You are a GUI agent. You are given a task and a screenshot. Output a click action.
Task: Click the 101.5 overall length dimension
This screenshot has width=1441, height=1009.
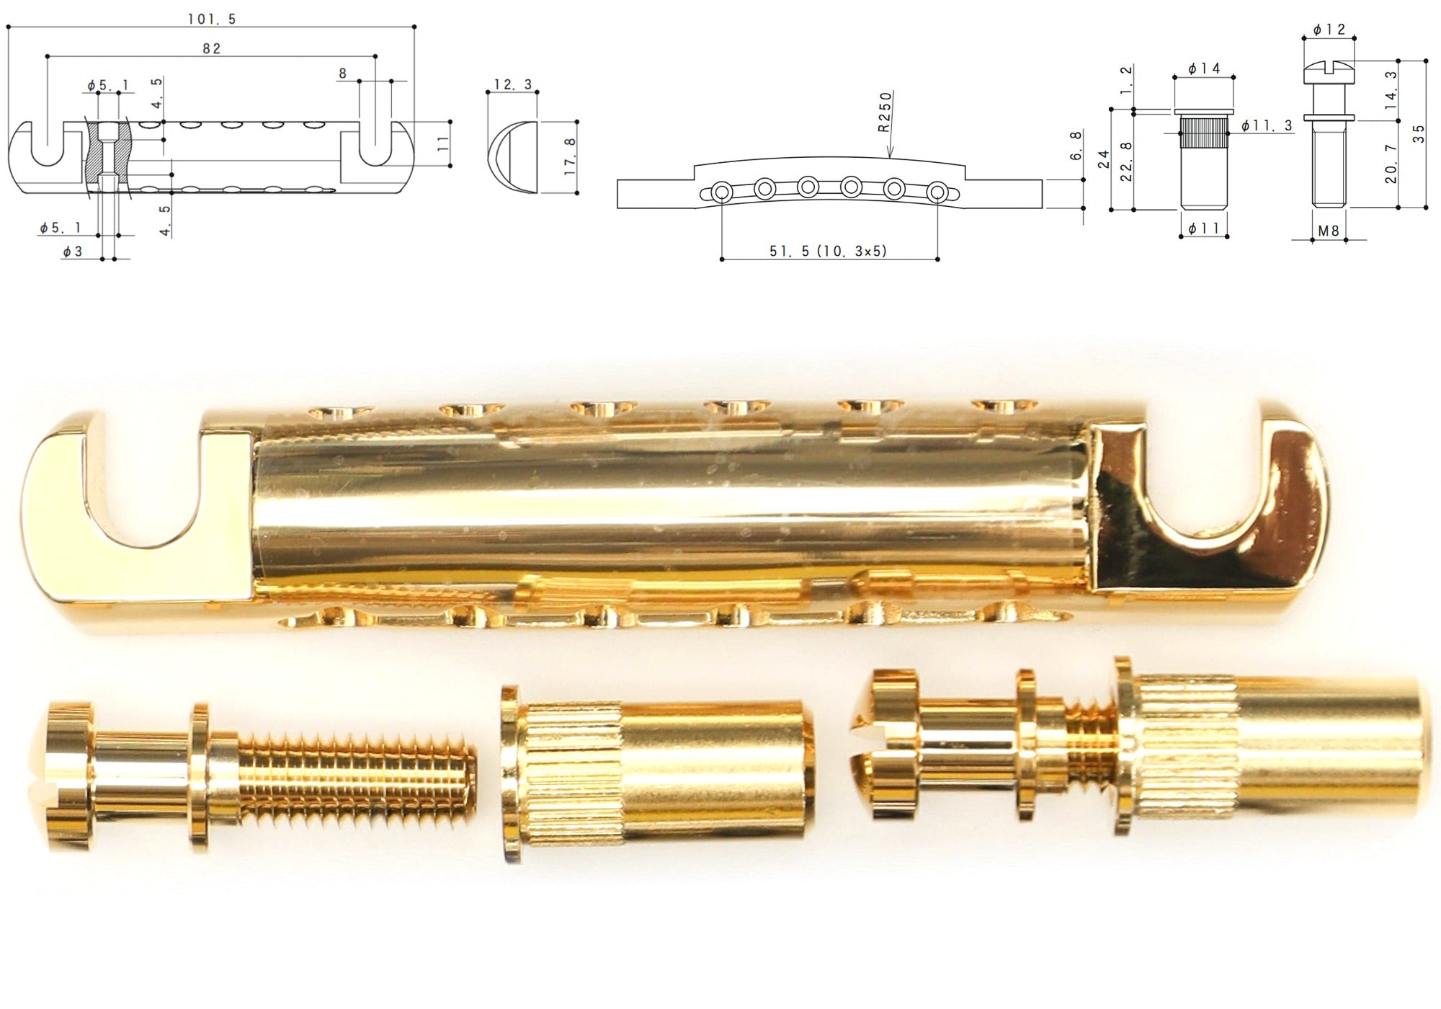point(212,19)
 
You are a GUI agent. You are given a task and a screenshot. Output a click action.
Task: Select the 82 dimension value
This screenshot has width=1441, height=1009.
point(212,48)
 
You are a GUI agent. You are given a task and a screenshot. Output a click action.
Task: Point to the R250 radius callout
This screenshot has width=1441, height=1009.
point(885,112)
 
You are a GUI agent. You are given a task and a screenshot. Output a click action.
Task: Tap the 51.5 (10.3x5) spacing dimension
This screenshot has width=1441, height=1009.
point(829,251)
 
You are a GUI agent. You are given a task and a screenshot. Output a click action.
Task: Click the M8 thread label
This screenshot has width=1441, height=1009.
point(1329,231)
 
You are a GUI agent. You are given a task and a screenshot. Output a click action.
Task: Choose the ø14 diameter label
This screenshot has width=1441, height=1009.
point(1204,68)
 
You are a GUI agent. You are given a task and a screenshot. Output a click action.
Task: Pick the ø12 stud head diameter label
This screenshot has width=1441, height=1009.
point(1329,30)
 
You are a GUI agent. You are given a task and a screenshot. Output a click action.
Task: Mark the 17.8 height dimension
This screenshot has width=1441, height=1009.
point(570,156)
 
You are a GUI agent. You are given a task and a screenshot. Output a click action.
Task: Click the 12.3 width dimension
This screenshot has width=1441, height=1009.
point(512,84)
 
